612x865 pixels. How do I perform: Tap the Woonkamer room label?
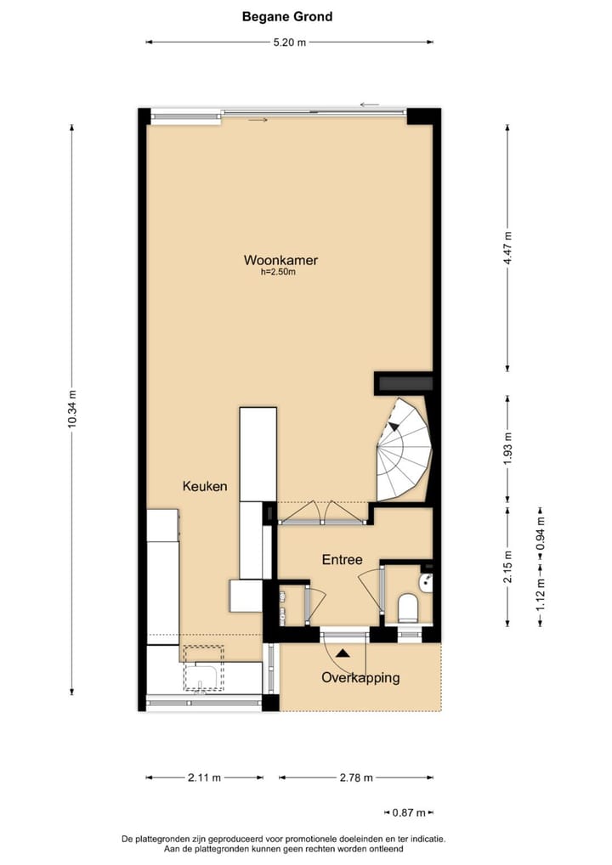point(280,260)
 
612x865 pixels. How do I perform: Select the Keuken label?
point(205,486)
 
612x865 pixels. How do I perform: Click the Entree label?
point(342,560)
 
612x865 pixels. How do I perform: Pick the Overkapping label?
point(360,677)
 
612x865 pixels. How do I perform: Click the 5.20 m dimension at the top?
point(289,42)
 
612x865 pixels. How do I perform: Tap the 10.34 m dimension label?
point(71,410)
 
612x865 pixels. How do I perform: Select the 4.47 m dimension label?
point(507,248)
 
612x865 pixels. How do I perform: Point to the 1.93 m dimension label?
point(507,448)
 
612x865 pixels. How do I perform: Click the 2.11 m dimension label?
point(204,777)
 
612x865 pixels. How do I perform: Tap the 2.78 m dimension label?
point(355,777)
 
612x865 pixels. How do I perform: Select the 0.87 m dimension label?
point(409,813)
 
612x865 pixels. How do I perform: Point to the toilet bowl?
point(409,608)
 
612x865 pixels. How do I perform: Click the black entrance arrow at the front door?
point(342,653)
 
